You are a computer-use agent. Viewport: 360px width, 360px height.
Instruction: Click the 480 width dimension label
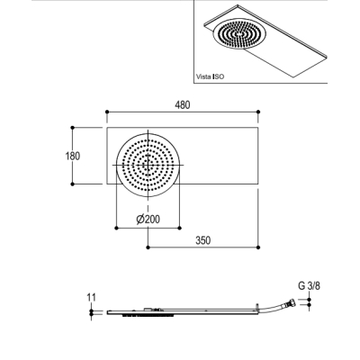pos(183,105)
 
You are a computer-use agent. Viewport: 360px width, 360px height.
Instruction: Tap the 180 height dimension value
pos(73,156)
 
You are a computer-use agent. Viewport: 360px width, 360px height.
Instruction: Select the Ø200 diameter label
pos(148,220)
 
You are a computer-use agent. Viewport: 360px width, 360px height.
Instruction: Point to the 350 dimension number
pos(203,240)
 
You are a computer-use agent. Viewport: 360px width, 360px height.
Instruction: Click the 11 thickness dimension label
pos(92,298)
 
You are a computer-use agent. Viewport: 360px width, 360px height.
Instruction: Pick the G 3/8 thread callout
pos(309,286)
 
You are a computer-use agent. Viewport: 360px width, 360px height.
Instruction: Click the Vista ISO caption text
pos(210,76)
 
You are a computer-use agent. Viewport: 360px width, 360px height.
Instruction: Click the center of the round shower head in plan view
pos(148,165)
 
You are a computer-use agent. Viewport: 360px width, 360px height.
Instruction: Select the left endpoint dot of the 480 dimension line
pos(107,112)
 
